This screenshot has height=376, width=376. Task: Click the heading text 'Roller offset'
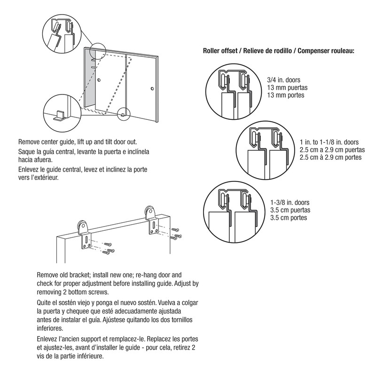point(222,51)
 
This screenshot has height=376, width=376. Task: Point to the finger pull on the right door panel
point(152,89)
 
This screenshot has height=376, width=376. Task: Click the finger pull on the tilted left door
point(99,81)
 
